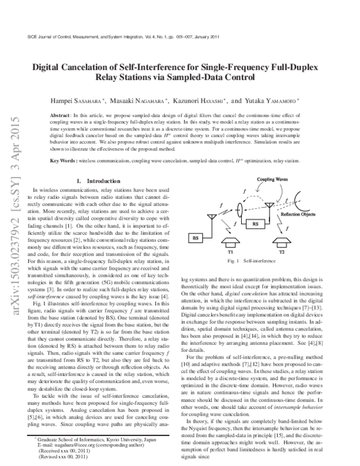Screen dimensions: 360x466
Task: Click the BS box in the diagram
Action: (x=196, y=238)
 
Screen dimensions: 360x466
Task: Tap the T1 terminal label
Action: (x=230, y=252)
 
